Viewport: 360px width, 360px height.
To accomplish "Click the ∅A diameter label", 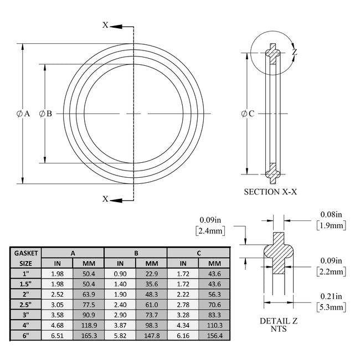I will click(23, 114).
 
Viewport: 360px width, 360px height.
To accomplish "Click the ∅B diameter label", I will click(45, 114).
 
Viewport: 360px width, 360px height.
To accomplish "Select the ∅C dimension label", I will click(248, 114).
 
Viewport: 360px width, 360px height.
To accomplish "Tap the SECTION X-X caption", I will click(270, 192).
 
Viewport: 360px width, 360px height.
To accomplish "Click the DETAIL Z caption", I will click(275, 321).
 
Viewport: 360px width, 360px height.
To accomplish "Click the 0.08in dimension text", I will click(331, 214).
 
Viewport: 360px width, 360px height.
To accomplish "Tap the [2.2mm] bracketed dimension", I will click(331, 271).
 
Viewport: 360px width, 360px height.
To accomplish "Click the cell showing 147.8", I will click(151, 335).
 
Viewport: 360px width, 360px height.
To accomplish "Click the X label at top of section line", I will click(105, 25).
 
